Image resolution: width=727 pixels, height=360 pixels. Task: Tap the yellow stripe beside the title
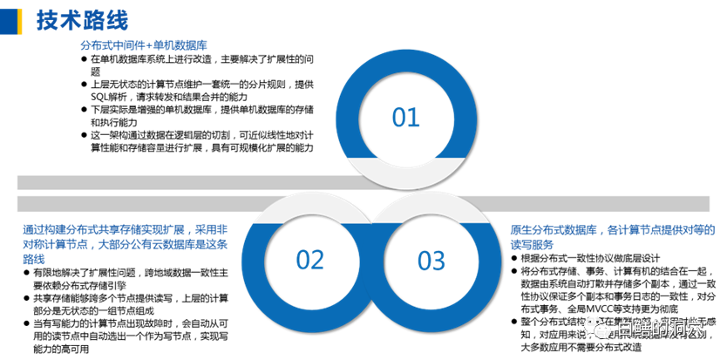[x=20, y=21]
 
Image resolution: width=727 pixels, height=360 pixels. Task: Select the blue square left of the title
[x=8, y=21]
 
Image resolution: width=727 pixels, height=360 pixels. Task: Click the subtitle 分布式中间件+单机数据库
[x=143, y=44]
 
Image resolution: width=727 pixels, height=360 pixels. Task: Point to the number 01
[x=405, y=117]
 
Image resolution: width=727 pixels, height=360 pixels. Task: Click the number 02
[x=309, y=260]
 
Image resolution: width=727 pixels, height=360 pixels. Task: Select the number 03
[x=431, y=260]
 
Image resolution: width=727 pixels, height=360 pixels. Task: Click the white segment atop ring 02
[x=309, y=207]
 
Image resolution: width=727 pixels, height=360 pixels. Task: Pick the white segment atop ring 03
[x=431, y=207]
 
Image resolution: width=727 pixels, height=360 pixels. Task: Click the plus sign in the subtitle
[x=149, y=44]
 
